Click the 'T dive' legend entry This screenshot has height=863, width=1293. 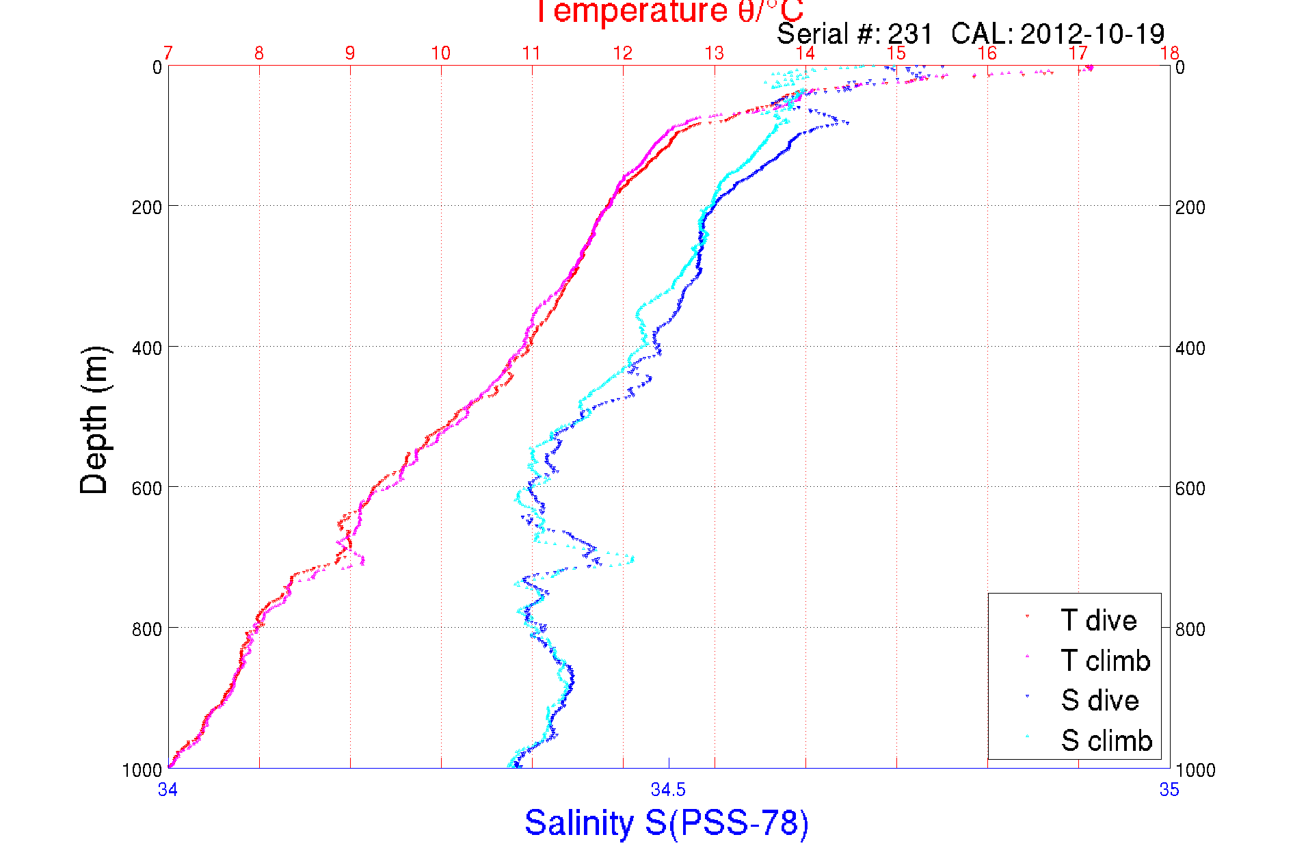(x=1098, y=620)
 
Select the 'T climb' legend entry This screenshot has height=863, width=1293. (x=1105, y=661)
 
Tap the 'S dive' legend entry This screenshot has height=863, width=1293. (x=1099, y=700)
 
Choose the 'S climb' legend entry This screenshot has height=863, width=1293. (x=1106, y=741)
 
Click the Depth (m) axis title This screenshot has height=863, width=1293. (x=94, y=420)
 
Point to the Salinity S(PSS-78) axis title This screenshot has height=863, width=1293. (x=667, y=823)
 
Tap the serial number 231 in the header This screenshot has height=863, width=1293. (x=910, y=34)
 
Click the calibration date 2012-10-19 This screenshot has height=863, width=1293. (x=1092, y=34)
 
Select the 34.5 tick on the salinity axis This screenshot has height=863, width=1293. (x=668, y=790)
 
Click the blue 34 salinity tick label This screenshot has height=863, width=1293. (x=168, y=790)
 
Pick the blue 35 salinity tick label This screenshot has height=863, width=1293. (x=1169, y=790)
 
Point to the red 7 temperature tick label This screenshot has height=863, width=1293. (x=168, y=53)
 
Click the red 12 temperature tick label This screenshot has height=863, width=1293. (x=623, y=53)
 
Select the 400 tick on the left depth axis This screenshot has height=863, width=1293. (x=147, y=348)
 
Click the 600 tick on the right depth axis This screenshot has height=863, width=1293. (x=1190, y=488)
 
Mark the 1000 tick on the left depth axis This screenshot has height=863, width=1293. (x=142, y=770)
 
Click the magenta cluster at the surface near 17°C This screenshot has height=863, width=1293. (x=1089, y=67)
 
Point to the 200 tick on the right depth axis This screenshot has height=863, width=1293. (x=1190, y=207)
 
